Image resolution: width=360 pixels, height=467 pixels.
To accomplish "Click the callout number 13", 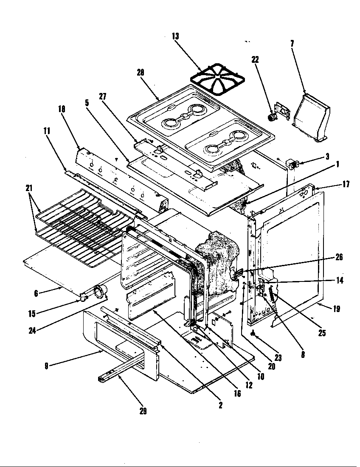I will tap(175, 37).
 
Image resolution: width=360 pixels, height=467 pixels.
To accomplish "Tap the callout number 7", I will tap(292, 43).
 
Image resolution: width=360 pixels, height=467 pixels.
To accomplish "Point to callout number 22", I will tap(255, 60).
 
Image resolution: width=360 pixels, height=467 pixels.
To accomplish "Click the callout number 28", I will tap(141, 73).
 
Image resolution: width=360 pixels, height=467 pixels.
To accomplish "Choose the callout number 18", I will tap(62, 109).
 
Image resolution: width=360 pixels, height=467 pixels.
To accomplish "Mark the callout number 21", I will tap(29, 188).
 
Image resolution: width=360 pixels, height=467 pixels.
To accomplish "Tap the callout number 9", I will tap(46, 365).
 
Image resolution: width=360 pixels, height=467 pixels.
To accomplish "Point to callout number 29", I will tap(143, 411).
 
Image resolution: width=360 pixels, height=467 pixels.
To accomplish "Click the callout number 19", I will tap(336, 309).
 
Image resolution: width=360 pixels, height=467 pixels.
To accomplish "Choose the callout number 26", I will tap(339, 257).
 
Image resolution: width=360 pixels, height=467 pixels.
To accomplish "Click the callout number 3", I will tap(327, 156).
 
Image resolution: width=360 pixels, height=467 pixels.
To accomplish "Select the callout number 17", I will tap(346, 184).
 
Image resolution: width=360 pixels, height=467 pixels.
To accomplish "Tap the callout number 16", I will tap(237, 394).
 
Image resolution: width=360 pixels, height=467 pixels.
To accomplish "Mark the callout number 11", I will tap(47, 131).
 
